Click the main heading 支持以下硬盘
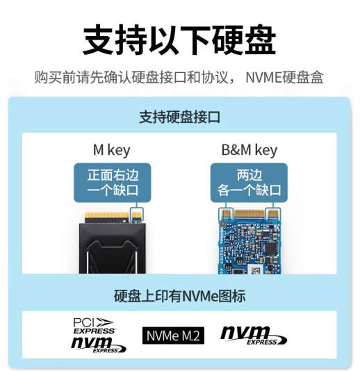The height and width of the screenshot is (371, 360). [x=179, y=40]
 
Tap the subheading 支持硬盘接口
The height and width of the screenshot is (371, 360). [x=179, y=117]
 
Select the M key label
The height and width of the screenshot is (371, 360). [x=112, y=150]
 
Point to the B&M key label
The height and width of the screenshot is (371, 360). [x=249, y=150]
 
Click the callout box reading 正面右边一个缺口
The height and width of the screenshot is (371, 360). [x=113, y=183]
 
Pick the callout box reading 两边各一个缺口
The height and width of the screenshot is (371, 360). [x=249, y=183]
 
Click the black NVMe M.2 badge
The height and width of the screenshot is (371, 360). [x=173, y=336]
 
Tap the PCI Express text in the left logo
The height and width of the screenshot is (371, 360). [x=94, y=326]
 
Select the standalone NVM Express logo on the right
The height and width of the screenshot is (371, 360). [x=254, y=336]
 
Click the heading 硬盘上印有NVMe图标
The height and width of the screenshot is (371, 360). [x=179, y=296]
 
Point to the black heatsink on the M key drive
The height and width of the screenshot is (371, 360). [x=112, y=249]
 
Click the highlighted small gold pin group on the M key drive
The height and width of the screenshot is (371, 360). [x=137, y=215]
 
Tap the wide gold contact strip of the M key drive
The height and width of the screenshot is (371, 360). [x=107, y=215]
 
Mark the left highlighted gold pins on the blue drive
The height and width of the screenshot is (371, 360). [x=226, y=214]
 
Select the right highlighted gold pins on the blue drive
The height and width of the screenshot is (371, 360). [x=272, y=214]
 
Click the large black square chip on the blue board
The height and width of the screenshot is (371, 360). [x=271, y=249]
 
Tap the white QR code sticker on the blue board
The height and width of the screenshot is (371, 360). [x=255, y=270]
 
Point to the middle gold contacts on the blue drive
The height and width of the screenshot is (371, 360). [x=249, y=214]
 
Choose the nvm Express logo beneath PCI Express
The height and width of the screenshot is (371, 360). [x=98, y=345]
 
